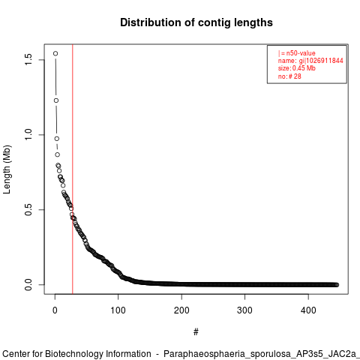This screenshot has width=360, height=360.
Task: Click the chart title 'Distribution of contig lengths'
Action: click(x=196, y=22)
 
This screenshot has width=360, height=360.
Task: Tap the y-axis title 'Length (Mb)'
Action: click(x=7, y=169)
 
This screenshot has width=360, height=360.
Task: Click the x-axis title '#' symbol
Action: click(x=196, y=331)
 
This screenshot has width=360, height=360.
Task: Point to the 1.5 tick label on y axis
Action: click(x=28, y=60)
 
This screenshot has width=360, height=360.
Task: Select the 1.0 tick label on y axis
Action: click(x=28, y=135)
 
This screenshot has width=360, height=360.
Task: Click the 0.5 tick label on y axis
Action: click(x=28, y=209)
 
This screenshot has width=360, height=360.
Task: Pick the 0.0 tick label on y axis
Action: click(x=28, y=284)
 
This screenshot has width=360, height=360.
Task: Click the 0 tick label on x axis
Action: click(x=55, y=310)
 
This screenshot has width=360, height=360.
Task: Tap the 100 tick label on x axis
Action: click(x=118, y=310)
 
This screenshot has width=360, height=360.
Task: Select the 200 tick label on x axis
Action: click(x=181, y=310)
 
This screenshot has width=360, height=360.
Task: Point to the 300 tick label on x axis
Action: click(x=244, y=310)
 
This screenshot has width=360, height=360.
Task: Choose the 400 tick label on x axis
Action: click(x=308, y=310)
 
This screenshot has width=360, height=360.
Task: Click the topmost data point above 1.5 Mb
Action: click(x=55, y=53)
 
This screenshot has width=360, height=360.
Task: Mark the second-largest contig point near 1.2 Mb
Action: click(x=56, y=100)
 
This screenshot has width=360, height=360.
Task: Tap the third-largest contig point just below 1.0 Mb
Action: click(x=57, y=139)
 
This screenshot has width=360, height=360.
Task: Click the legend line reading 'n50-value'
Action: click(x=297, y=53)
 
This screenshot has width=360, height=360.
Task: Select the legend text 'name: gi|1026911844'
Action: click(x=310, y=61)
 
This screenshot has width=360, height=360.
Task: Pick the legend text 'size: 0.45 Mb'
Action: click(x=297, y=68)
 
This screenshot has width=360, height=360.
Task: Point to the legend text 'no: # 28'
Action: click(x=289, y=76)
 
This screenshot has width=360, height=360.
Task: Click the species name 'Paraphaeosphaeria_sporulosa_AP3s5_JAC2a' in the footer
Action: click(x=262, y=354)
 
